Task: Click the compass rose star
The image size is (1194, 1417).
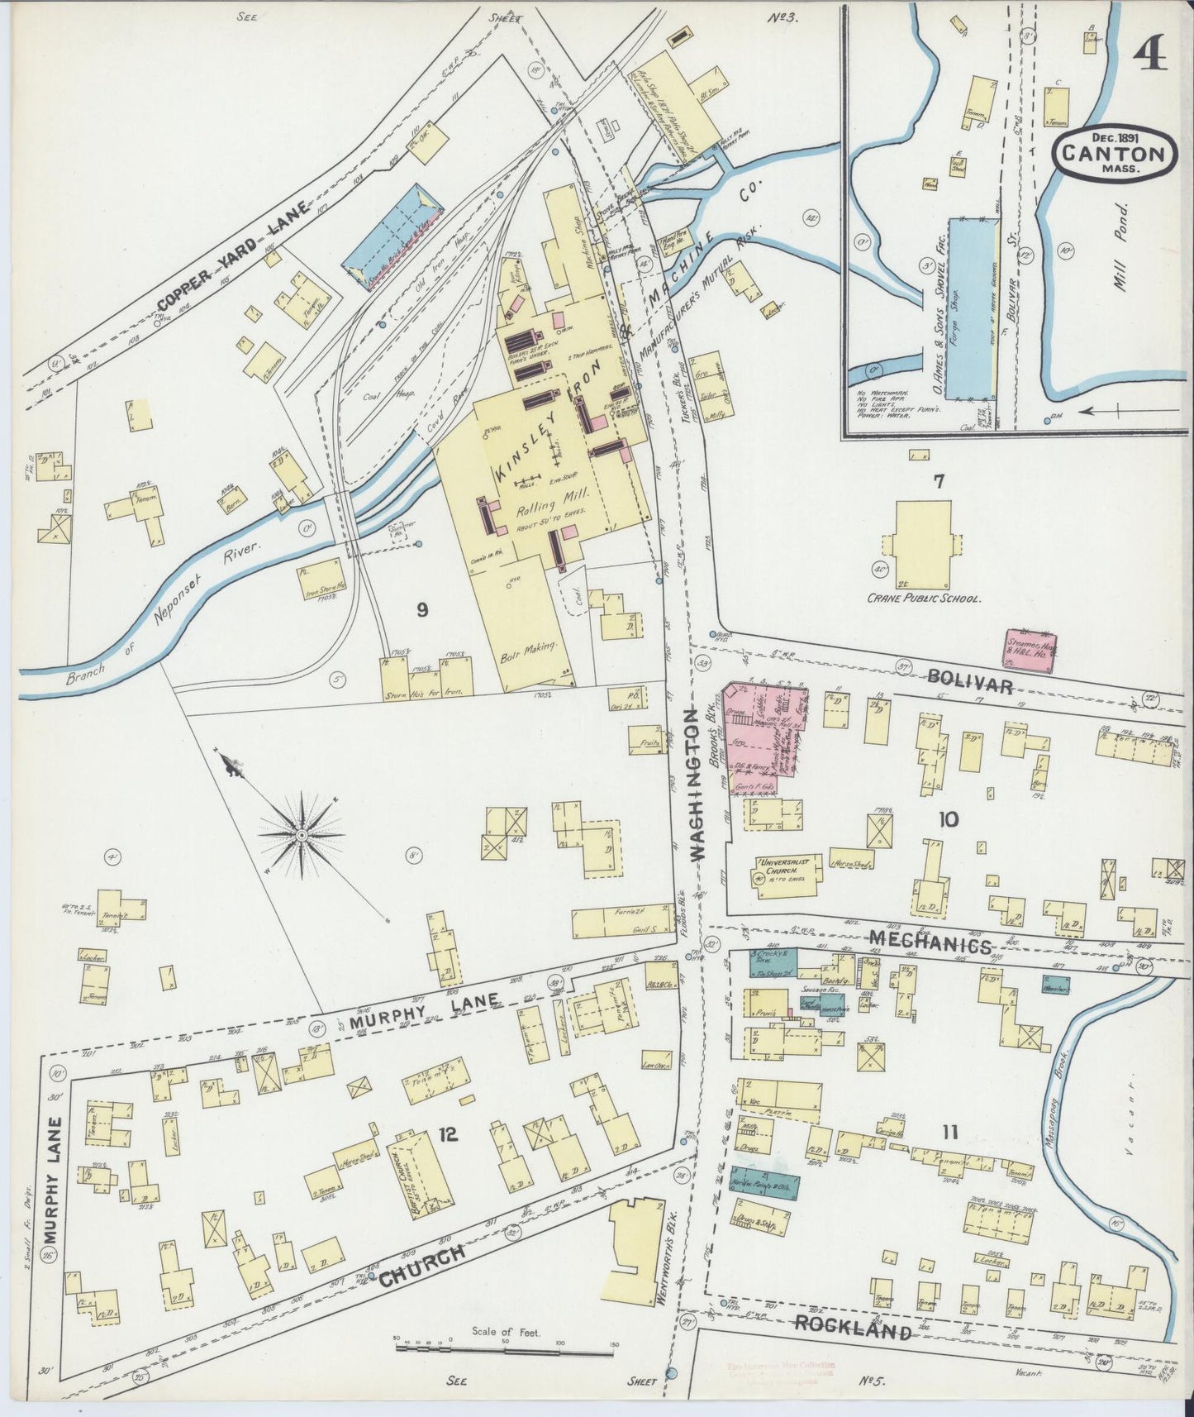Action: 302,836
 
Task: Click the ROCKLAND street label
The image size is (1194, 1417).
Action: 854,1329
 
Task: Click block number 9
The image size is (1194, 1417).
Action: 422,610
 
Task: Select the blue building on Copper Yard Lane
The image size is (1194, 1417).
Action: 392,237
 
